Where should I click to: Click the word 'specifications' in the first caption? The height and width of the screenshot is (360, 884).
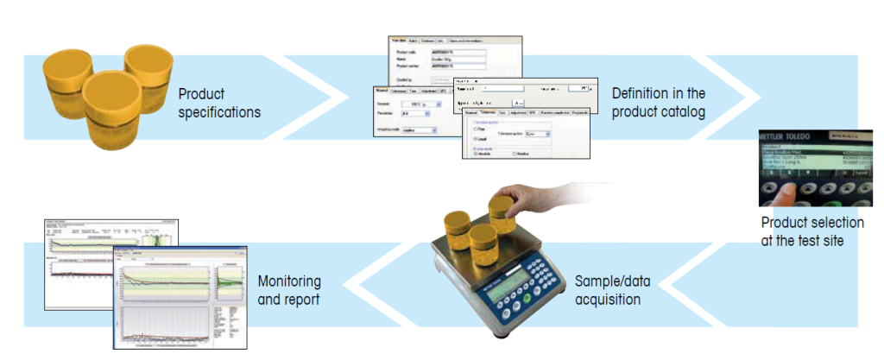click(x=219, y=112)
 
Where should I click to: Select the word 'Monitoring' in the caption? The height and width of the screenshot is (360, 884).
click(x=289, y=281)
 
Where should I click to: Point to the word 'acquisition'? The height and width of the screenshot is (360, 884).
click(x=607, y=300)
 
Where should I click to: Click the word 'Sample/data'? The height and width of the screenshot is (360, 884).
click(x=613, y=281)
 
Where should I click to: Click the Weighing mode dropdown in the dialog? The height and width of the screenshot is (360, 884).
click(x=420, y=131)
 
